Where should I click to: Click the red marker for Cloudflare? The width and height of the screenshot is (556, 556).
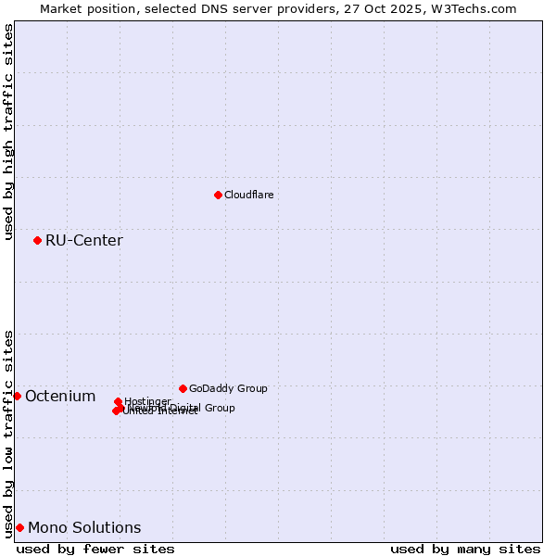(x=218, y=195)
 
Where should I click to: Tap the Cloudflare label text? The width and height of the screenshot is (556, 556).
(x=248, y=195)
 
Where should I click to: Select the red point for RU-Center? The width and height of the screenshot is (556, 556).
(x=37, y=240)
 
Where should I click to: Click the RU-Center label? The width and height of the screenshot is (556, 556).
(x=83, y=241)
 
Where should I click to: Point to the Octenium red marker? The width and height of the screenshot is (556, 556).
(x=17, y=396)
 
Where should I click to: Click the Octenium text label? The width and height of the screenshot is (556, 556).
(x=60, y=397)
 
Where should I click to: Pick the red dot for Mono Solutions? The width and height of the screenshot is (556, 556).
(x=19, y=527)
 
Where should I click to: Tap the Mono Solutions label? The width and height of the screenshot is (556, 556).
(x=84, y=528)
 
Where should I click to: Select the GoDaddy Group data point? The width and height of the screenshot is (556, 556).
(x=183, y=388)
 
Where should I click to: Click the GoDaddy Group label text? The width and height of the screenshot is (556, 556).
(x=228, y=388)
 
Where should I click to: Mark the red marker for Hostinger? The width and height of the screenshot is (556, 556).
(x=118, y=401)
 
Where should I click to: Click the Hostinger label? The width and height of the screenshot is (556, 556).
(x=147, y=401)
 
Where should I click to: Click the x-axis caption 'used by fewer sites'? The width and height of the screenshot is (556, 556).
(x=95, y=549)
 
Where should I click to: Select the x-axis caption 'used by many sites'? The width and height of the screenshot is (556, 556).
(x=465, y=549)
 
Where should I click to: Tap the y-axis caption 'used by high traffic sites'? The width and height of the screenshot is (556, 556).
(x=9, y=132)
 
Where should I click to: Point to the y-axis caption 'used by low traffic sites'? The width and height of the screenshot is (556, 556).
(x=9, y=433)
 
